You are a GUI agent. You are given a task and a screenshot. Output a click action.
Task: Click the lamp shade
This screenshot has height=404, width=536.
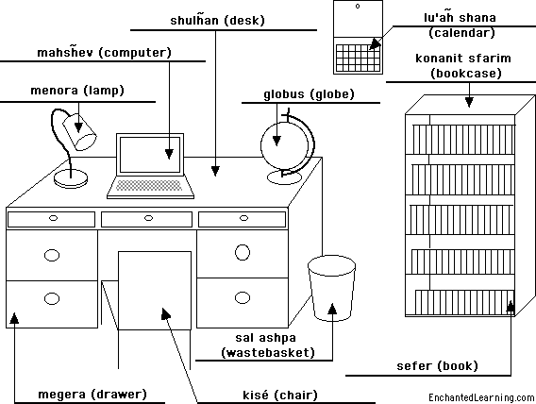pyautogui.click(x=79, y=131)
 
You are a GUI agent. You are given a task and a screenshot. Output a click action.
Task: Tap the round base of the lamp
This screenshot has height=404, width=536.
pyautogui.click(x=71, y=179)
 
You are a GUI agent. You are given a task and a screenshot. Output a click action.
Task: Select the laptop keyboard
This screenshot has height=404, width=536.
pyautogui.click(x=149, y=185)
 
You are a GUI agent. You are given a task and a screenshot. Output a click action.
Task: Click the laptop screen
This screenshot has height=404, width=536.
pyautogui.click(x=150, y=155)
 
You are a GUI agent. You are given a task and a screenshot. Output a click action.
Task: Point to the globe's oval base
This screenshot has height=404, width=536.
pyautogui.click(x=284, y=177)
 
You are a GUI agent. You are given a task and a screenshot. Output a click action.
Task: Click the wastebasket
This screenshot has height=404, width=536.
pyautogui.click(x=331, y=288)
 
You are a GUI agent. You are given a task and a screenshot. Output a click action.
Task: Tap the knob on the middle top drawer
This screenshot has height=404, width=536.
pyautogui.click(x=148, y=218)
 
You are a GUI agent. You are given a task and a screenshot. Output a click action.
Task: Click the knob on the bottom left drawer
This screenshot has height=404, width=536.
pyautogui.click(x=52, y=298)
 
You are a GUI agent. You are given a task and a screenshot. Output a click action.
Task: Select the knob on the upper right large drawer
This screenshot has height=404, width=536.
pyautogui.click(x=243, y=253)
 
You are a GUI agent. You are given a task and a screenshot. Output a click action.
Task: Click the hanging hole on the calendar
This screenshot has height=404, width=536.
pyautogui.click(x=358, y=7)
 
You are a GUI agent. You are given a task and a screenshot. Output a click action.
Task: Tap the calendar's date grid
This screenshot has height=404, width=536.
pyautogui.click(x=358, y=58)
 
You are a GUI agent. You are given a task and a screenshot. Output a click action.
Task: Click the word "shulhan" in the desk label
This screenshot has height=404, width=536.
pyautogui.click(x=194, y=20)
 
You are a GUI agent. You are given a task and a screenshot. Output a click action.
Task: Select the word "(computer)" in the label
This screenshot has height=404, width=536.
pyautogui.click(x=135, y=53)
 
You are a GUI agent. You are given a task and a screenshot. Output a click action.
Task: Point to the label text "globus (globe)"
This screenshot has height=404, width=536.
pyautogui.click(x=309, y=94)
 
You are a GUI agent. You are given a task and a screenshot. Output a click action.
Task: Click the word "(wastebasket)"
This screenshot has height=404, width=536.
pyautogui.click(x=268, y=352)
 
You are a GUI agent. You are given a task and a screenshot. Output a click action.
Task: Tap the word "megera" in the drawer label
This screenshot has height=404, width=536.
pyautogui.click(x=61, y=395)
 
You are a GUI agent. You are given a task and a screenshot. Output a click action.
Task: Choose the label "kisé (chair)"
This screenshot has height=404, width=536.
pyautogui.click(x=280, y=396)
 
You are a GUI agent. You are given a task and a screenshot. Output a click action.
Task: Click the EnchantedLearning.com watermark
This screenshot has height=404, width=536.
pyautogui.click(x=481, y=397)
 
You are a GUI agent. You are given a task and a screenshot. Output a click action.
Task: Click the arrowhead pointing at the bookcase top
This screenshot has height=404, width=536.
pyautogui.click(x=469, y=102)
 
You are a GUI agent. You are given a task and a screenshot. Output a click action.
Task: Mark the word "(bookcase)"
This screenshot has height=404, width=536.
pyautogui.click(x=465, y=74)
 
